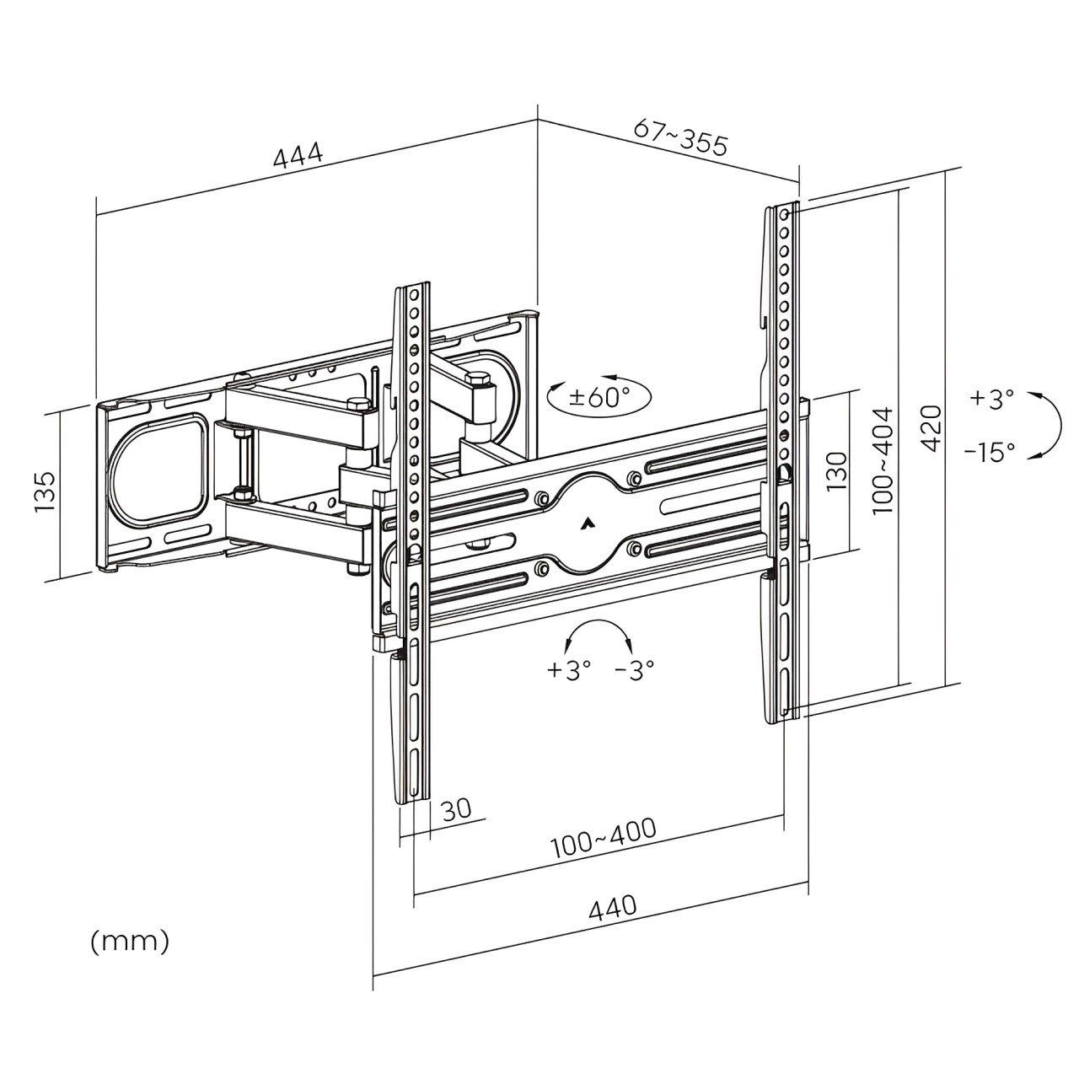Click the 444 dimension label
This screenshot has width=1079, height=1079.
pyautogui.click(x=298, y=156)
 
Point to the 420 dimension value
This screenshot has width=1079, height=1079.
pyautogui.click(x=930, y=427)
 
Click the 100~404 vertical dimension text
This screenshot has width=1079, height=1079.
pyautogui.click(x=882, y=460)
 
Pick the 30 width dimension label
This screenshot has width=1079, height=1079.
pyautogui.click(x=456, y=810)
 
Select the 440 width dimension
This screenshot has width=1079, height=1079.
pyautogui.click(x=612, y=908)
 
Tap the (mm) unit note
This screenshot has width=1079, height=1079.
pyautogui.click(x=130, y=941)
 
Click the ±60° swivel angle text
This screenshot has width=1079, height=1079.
pyautogui.click(x=600, y=397)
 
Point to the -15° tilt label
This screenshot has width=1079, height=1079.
pyautogui.click(x=990, y=453)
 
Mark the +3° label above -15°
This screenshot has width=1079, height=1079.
pyautogui.click(x=991, y=399)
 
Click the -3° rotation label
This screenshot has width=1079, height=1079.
pyautogui.click(x=635, y=670)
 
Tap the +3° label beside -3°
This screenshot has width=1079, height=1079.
pyautogui.click(x=569, y=670)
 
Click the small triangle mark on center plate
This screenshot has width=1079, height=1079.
pyautogui.click(x=587, y=523)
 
